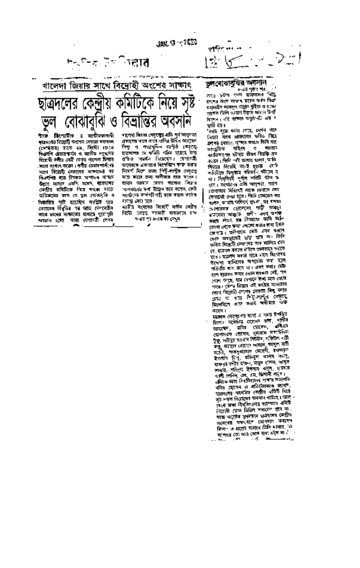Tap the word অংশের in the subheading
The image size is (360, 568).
pyautogui.click(x=166, y=88)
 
